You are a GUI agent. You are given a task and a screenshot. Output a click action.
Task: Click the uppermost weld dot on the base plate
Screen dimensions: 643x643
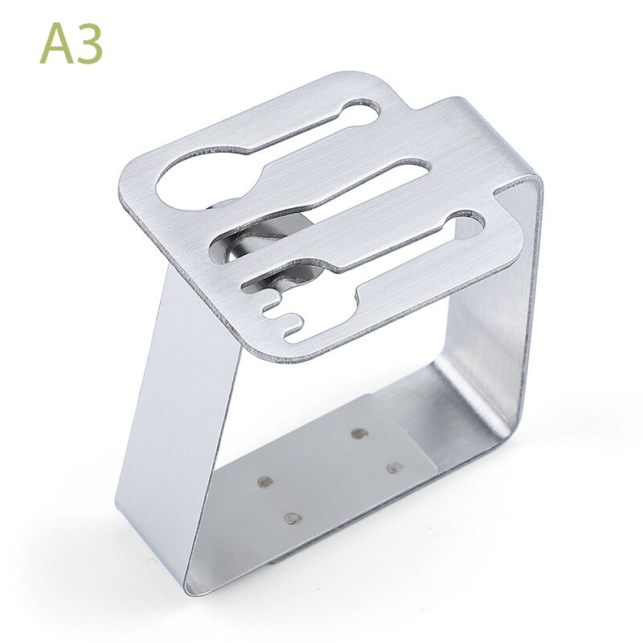click(358, 433)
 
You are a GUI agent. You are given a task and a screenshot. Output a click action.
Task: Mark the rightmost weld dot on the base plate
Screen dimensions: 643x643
click(393, 467)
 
